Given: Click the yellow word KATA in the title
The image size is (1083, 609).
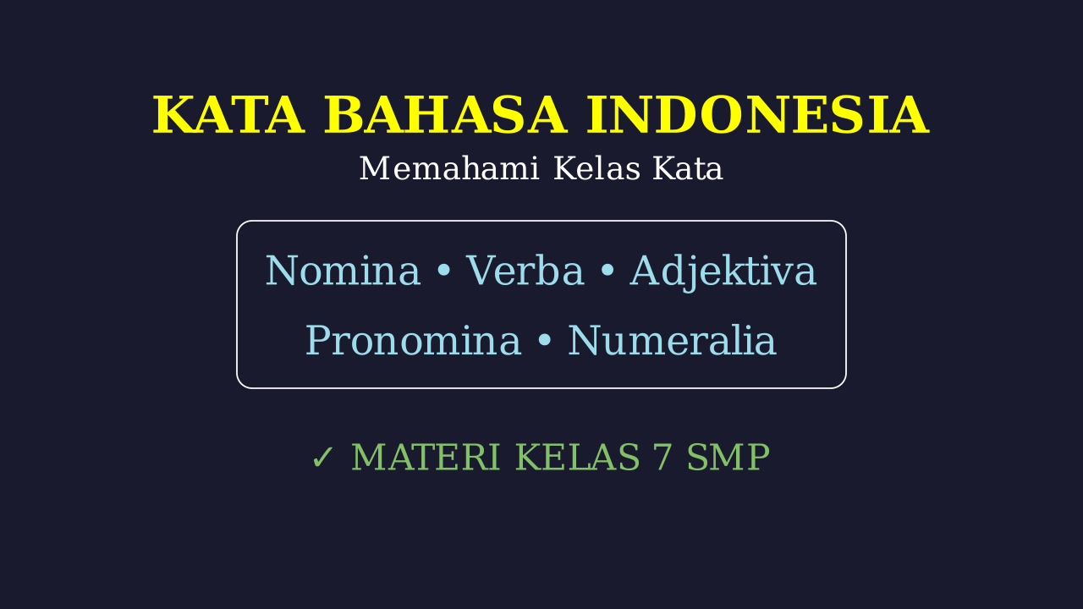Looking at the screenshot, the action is [x=228, y=115].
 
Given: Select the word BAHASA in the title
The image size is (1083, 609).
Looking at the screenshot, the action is [x=445, y=115].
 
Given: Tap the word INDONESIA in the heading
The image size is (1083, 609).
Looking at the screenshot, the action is [x=757, y=115].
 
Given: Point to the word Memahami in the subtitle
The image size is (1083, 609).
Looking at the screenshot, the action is [x=448, y=168].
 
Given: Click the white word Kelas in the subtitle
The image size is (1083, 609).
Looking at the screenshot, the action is [x=597, y=168].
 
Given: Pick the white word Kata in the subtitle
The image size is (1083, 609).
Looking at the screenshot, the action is [x=688, y=168].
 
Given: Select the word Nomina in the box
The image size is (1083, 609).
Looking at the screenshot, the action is [x=343, y=271].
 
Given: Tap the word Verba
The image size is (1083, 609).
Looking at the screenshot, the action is [x=525, y=271].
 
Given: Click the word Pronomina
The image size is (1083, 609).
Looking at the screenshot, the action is [x=414, y=340].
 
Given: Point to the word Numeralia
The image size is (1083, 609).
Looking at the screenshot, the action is [x=672, y=340].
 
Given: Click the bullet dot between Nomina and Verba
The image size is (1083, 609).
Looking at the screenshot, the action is [x=443, y=271].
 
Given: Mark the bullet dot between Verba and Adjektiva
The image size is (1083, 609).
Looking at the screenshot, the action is [x=607, y=271].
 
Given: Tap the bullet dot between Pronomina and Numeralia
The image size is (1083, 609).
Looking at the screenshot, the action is [x=544, y=340].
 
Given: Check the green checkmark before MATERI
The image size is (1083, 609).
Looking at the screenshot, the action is [x=322, y=458].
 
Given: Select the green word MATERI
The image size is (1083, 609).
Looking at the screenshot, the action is [x=426, y=457].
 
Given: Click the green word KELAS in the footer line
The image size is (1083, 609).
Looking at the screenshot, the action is [x=577, y=457].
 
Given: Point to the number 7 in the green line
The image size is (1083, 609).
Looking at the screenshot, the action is [x=662, y=458].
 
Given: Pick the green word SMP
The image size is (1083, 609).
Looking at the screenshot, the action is [x=728, y=457].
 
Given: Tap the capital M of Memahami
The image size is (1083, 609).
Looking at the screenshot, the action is [x=374, y=168].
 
